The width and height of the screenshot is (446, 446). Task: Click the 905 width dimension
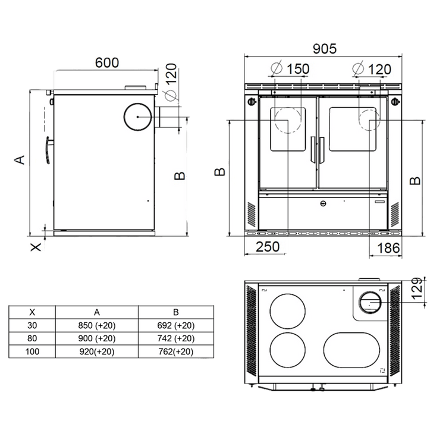[x=325, y=49]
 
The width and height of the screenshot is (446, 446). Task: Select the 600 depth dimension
[x=107, y=63]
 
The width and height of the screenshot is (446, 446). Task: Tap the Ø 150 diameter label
[x=290, y=69]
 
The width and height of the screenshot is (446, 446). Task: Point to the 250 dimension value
[x=268, y=247]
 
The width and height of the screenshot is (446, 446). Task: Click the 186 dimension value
[x=388, y=248]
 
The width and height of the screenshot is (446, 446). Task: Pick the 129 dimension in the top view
[x=417, y=288]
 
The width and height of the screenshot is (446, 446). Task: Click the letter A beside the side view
[x=20, y=160]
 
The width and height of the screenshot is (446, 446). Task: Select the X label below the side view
[x=36, y=247]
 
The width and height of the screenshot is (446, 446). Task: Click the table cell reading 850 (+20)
[x=97, y=325]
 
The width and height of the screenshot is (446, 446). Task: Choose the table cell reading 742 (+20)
[x=176, y=338]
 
